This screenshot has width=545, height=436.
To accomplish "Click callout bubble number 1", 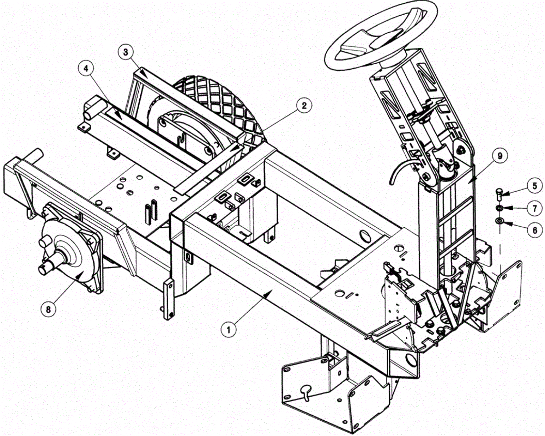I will (229, 329).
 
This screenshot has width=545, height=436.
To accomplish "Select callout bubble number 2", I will (303, 106).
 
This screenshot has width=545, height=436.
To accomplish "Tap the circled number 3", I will (126, 52).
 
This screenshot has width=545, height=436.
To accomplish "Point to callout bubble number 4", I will (86, 68).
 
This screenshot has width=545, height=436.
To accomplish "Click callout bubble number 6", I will (535, 230).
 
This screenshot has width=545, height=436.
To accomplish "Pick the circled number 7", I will (535, 208).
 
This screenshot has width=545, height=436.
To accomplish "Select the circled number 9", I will (500, 156).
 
